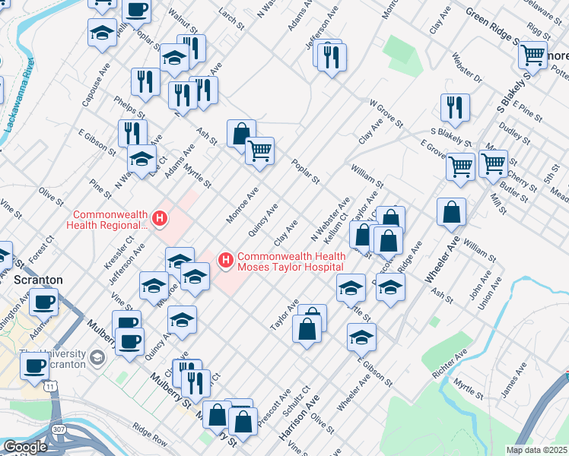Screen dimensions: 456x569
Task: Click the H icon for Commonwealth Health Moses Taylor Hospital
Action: click(225, 261)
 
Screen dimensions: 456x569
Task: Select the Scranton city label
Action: click(38, 280)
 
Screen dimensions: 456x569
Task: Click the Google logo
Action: click(25, 447)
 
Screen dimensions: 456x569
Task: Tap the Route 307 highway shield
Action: click(59, 431)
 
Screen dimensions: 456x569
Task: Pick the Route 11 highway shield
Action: click(51, 388)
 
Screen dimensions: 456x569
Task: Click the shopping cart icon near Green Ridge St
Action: click(532, 55)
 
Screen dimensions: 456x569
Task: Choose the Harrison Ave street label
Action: click(299, 420)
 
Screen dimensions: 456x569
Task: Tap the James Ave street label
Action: click(514, 381)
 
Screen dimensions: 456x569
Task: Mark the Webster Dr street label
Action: click(467, 68)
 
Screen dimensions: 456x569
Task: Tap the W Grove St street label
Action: click(386, 112)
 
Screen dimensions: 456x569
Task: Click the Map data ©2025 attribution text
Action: click(537, 450)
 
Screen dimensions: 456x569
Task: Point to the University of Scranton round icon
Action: click(97, 357)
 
